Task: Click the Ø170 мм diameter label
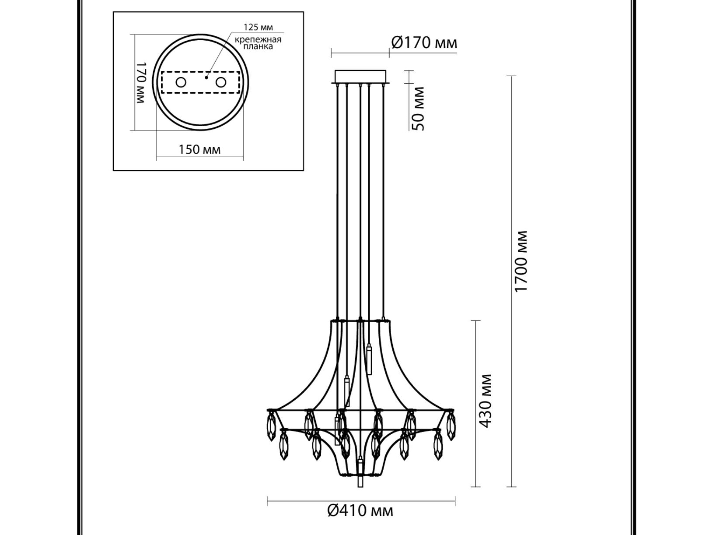pyautogui.click(x=424, y=42)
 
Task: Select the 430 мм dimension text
pyautogui.click(x=485, y=401)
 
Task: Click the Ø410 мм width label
pyautogui.click(x=360, y=520)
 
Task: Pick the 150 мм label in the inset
pyautogui.click(x=199, y=150)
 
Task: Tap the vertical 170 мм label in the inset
pyautogui.click(x=141, y=83)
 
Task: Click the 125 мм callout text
pyautogui.click(x=259, y=27)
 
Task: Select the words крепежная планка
pyautogui.click(x=258, y=43)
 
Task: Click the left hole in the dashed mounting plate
pyautogui.click(x=181, y=83)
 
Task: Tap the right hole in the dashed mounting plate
pyautogui.click(x=221, y=83)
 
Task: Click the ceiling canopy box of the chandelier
pyautogui.click(x=360, y=77)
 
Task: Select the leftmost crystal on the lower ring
pyautogui.click(x=284, y=445)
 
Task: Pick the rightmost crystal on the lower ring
pyautogui.click(x=438, y=445)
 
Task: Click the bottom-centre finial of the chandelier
pyautogui.click(x=360, y=476)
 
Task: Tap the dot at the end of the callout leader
pyautogui.click(x=206, y=77)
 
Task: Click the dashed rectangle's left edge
pyautogui.click(x=162, y=83)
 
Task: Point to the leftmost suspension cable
pyautogui.click(x=338, y=201)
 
